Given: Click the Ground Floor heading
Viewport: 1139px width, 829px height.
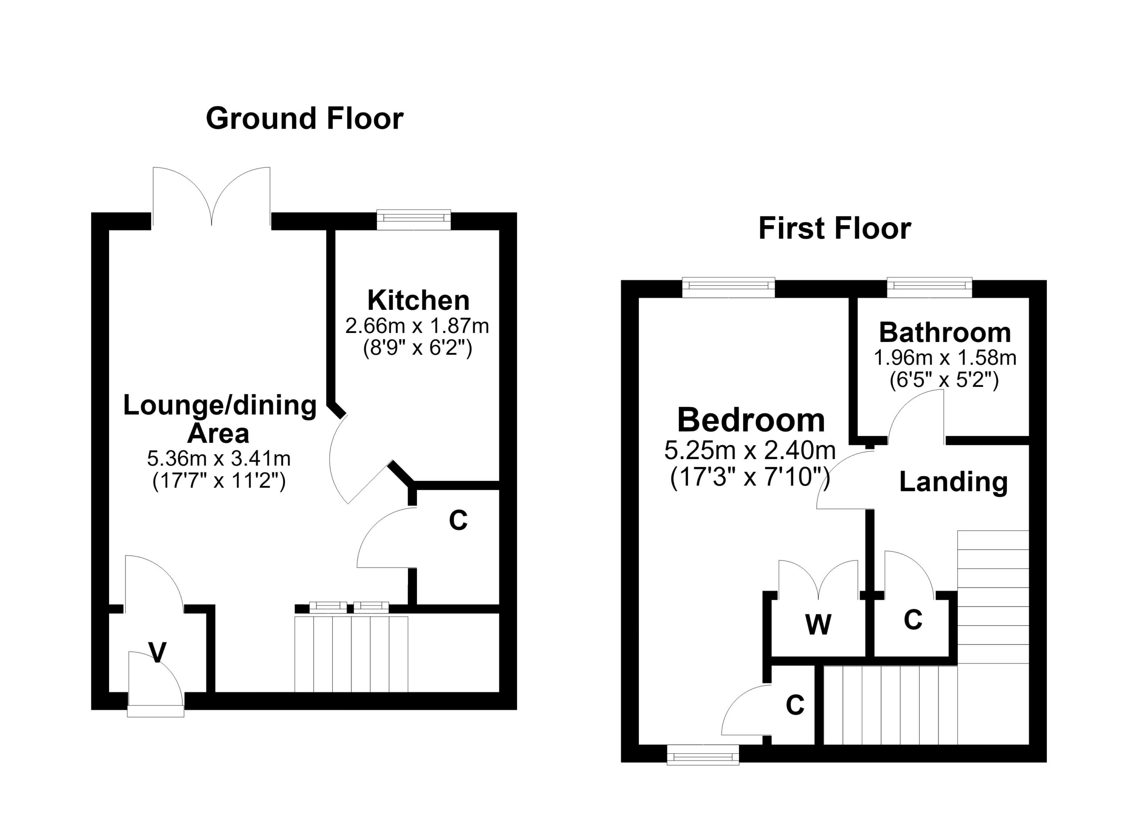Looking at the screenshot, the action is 304,119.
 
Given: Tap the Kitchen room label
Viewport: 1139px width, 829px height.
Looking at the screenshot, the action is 418,301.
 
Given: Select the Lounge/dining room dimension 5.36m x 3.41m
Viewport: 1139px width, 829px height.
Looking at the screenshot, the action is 219,458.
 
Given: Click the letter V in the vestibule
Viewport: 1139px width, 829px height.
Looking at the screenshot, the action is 158,653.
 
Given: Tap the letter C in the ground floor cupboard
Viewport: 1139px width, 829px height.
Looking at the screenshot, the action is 458,520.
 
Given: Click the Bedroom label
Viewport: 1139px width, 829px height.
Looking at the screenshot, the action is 751,420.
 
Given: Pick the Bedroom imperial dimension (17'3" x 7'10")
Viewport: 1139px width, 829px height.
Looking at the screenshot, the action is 750,476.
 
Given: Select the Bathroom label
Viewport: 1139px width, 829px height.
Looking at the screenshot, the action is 945,333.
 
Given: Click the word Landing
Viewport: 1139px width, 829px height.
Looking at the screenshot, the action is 953,482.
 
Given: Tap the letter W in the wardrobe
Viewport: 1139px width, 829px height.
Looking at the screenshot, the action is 818,625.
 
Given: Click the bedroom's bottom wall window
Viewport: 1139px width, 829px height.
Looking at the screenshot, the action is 703,755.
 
